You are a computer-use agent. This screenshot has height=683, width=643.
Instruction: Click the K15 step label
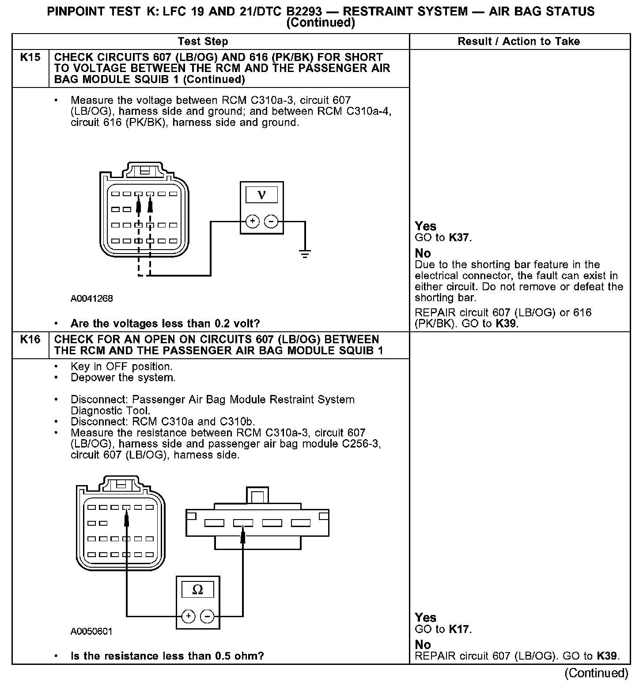(30, 57)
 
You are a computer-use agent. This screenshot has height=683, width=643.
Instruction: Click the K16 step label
(30, 340)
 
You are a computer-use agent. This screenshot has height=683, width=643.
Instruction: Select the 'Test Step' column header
(203, 42)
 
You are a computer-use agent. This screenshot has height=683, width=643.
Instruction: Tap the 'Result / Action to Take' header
(519, 42)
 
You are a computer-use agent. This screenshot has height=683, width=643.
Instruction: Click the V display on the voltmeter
(261, 195)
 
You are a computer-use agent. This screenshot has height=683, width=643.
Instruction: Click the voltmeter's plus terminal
(252, 221)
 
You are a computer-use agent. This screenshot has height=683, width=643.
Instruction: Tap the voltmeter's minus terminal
(271, 221)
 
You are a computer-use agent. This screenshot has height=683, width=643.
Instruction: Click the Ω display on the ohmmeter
(198, 590)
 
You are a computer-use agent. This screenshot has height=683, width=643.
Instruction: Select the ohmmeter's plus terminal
(189, 616)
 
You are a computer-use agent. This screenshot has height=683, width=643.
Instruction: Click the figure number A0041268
(92, 299)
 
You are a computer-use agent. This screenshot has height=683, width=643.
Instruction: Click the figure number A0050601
(92, 632)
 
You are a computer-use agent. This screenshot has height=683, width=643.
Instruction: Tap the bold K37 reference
(459, 238)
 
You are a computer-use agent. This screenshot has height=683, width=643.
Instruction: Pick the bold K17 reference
(459, 629)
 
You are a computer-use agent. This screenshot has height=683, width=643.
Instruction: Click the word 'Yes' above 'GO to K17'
(426, 618)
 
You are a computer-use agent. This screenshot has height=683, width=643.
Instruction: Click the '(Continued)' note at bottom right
(596, 673)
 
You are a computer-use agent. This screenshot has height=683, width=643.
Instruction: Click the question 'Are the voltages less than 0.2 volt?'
(165, 324)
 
